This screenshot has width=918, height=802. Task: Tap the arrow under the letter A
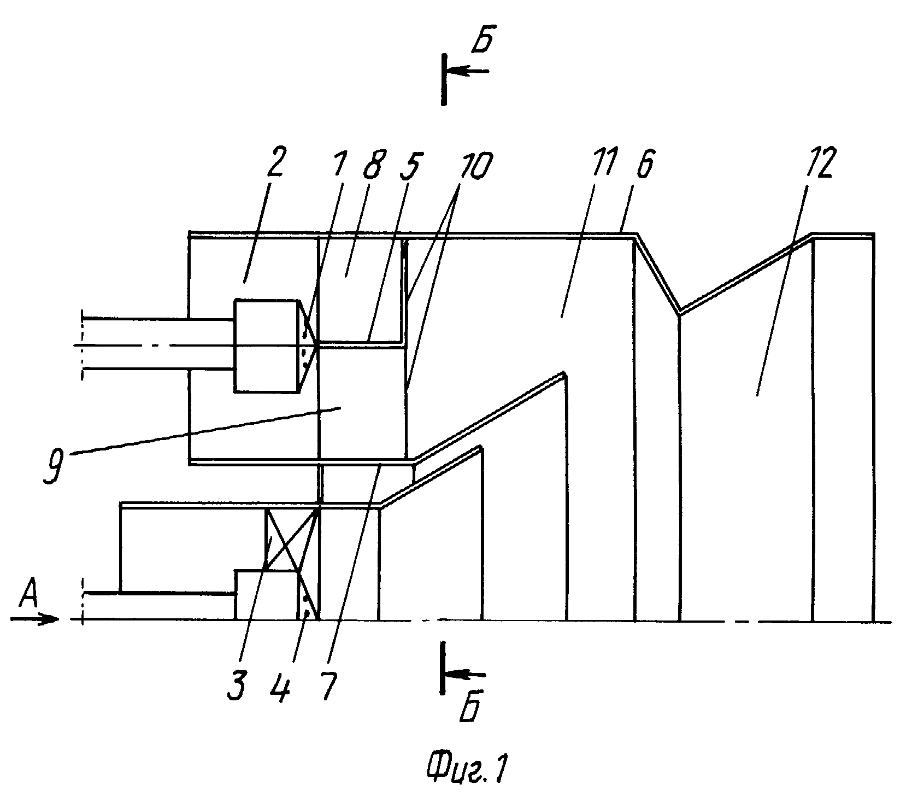34,619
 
